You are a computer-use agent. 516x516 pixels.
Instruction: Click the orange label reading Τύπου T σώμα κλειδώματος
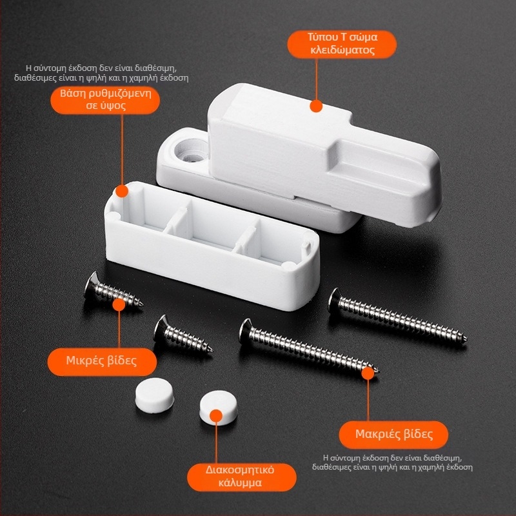342,45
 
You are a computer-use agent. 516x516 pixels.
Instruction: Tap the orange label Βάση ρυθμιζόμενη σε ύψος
105,100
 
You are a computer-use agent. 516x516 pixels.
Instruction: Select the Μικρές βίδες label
102,362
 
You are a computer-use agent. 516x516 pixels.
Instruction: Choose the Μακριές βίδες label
393,435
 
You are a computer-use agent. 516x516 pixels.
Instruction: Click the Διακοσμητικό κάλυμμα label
241,477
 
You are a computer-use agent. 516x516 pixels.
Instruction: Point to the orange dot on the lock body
316,106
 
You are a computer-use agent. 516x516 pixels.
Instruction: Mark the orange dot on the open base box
122,191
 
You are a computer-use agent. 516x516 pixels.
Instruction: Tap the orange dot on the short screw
119,304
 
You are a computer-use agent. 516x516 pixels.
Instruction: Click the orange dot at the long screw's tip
368,373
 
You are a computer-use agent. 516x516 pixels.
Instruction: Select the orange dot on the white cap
216,415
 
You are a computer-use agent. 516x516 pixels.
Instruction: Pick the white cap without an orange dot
155,395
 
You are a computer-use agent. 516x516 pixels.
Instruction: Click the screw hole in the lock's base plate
191,152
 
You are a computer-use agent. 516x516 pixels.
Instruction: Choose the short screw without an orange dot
183,334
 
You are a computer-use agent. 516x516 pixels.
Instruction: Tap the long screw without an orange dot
397,316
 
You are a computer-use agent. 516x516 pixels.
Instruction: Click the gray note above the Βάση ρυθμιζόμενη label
101,73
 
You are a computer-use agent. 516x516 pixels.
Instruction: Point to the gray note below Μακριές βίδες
392,462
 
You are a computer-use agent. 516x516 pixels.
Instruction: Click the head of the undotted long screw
334,300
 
